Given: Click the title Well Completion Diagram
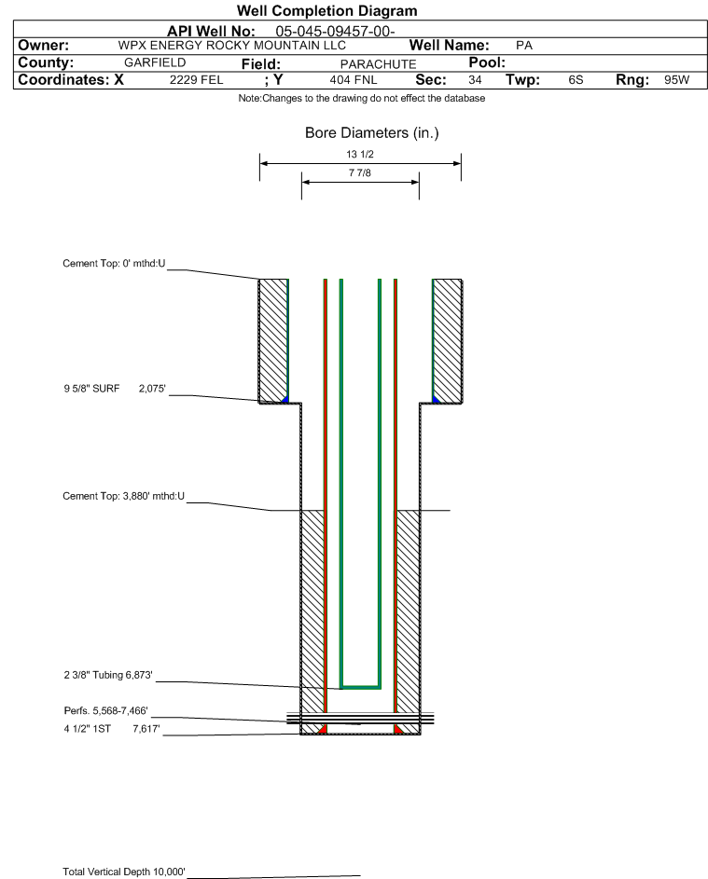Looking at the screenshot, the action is (327, 10).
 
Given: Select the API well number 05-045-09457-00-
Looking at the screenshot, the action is (335, 32).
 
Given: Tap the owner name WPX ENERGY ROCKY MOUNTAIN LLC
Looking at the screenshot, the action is (231, 46).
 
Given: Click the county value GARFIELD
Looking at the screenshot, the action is (155, 62).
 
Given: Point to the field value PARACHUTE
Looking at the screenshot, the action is (378, 64).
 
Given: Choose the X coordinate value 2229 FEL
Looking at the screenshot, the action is (196, 79).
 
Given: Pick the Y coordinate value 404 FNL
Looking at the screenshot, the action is (354, 79).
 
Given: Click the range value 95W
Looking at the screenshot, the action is (676, 79).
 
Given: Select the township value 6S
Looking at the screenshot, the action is (576, 79).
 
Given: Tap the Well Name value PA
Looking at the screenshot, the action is (524, 46).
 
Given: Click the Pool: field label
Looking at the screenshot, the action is (487, 62).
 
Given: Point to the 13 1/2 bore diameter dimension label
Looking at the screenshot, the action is (360, 154).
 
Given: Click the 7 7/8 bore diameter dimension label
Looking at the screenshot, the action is (360, 172).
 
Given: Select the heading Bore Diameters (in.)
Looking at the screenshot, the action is (372, 133).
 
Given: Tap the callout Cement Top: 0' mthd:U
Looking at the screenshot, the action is (114, 264).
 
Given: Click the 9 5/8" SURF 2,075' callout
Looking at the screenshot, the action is (115, 389).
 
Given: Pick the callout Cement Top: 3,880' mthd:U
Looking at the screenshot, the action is (123, 496).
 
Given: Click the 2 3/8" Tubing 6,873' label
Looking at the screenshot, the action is (107, 675).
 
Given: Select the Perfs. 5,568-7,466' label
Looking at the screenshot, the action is (105, 711).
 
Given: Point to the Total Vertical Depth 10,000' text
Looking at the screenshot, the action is (123, 872).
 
